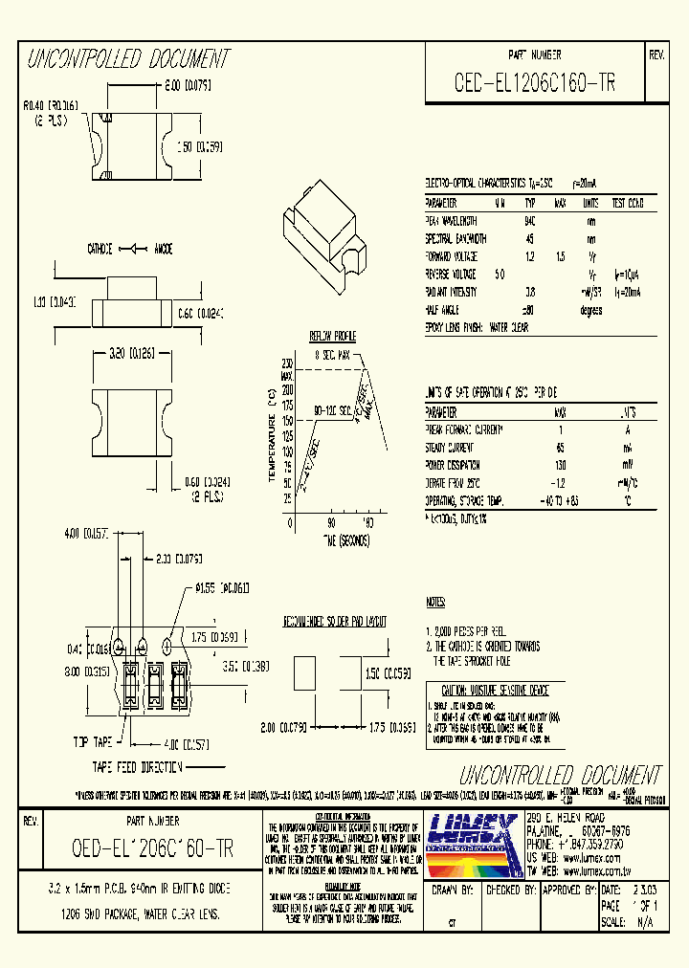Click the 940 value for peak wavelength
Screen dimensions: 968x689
point(529,220)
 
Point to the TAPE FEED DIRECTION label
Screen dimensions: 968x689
point(137,767)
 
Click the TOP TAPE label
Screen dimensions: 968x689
point(93,741)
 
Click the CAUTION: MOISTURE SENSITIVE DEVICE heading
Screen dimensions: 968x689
point(495,690)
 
